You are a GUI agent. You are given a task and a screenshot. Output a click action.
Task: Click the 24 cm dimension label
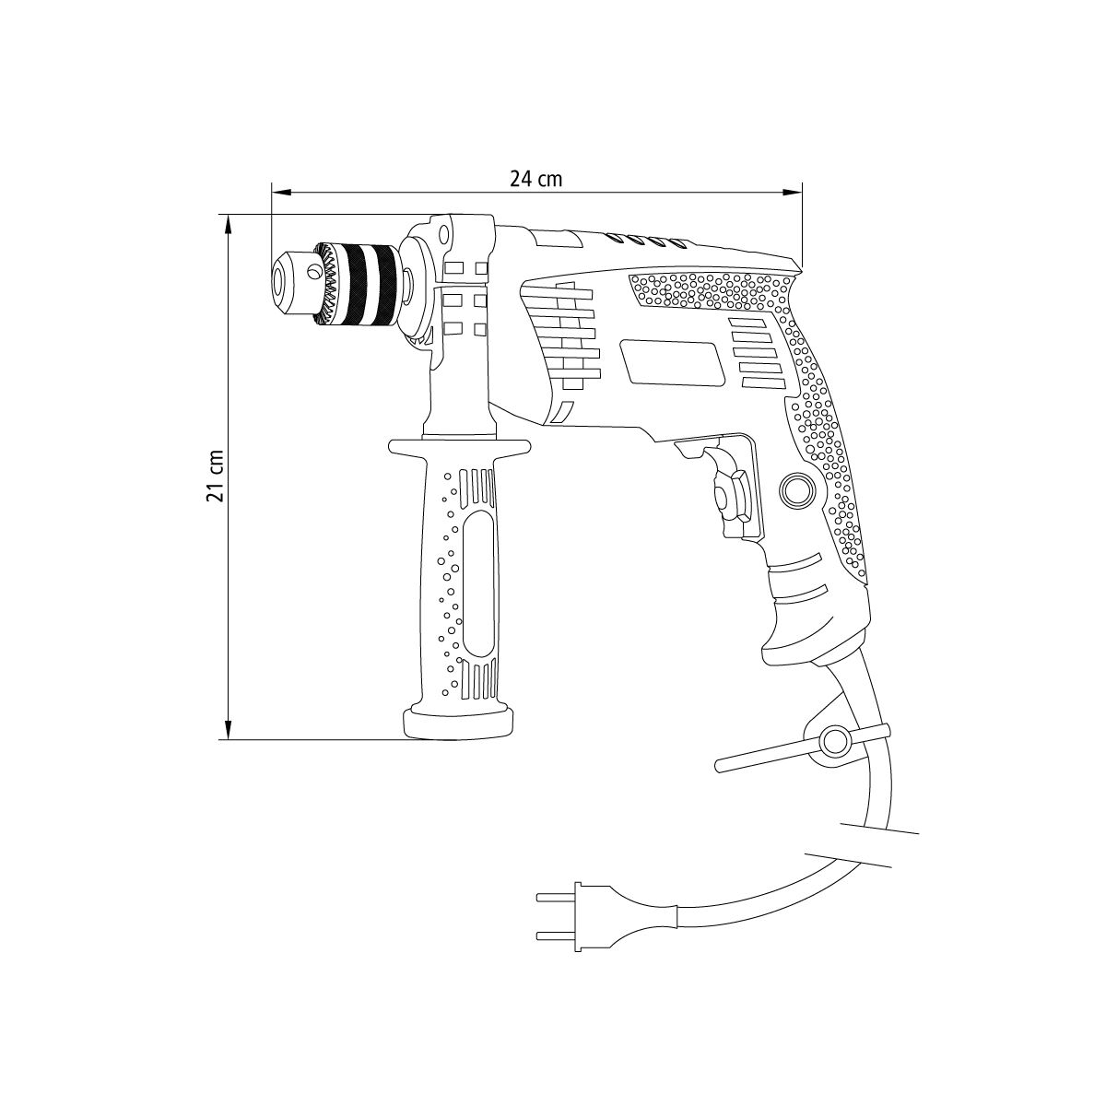click(536, 179)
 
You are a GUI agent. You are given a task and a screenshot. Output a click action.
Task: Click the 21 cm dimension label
click(214, 476)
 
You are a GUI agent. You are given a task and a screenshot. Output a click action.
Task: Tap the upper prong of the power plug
click(556, 897)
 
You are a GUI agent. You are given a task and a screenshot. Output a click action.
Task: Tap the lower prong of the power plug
click(556, 936)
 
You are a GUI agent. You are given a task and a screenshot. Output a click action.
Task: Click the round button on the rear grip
click(796, 489)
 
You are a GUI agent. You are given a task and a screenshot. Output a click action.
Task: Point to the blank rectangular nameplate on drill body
click(673, 362)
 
